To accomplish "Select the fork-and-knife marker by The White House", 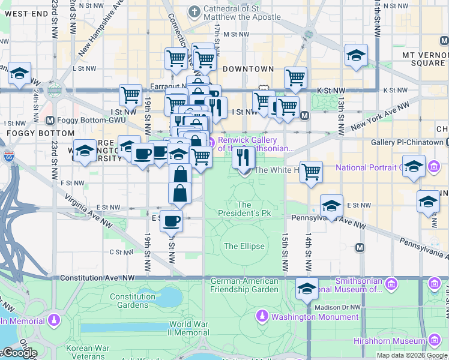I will (243, 157).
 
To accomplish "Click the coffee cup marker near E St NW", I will (171, 220).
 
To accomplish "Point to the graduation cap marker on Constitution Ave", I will (307, 289).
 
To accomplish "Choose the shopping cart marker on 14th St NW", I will (311, 171).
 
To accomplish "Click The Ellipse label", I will (244, 246).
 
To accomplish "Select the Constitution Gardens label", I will (133, 301).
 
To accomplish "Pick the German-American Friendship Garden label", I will (244, 285).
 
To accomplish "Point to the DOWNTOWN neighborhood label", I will (248, 69).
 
